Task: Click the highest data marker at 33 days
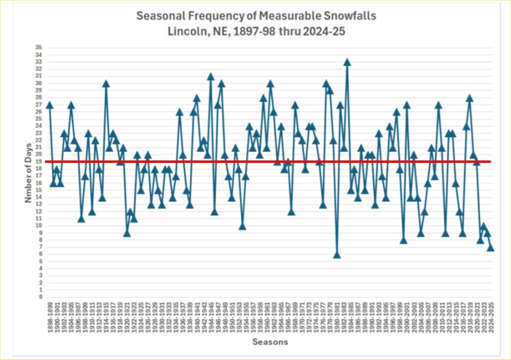tap(347, 62)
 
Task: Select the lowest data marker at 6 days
tap(337, 254)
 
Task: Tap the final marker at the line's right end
tap(491, 247)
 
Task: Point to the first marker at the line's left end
tap(49, 105)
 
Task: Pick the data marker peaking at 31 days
tap(211, 76)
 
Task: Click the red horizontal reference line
tap(270, 161)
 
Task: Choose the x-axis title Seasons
tap(270, 342)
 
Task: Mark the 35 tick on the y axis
tap(39, 47)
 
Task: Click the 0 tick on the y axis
tap(40, 297)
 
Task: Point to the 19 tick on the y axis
tap(39, 162)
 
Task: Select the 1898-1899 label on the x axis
tap(50, 317)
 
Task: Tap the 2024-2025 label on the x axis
tap(491, 317)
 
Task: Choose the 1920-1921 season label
tap(127, 317)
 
